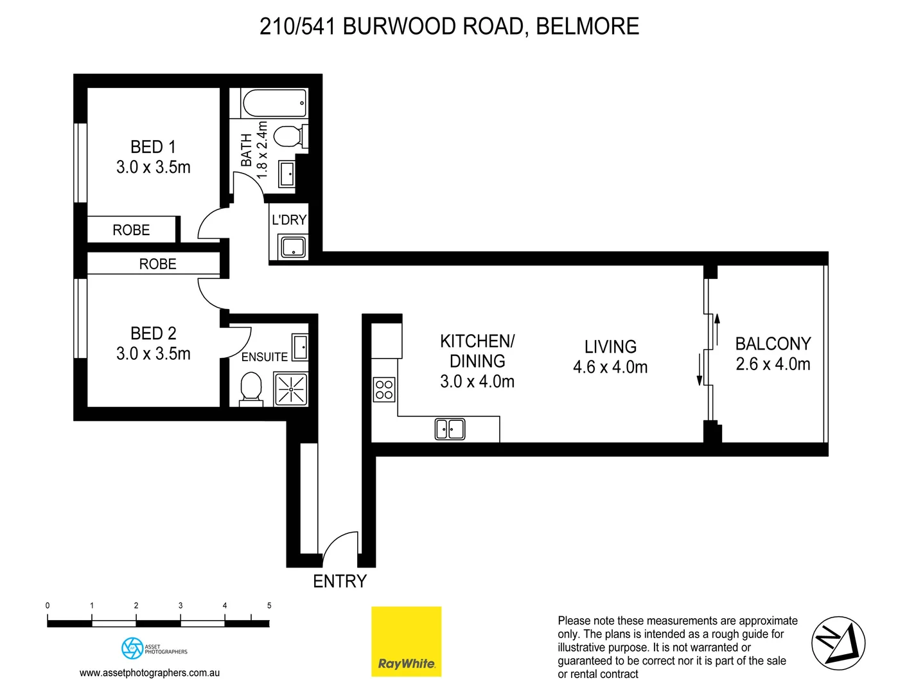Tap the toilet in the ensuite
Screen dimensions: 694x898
point(251,389)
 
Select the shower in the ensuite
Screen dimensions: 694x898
point(291,389)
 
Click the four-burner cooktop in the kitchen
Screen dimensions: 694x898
point(384,389)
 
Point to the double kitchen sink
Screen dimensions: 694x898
point(450,429)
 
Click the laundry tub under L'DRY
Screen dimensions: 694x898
point(293,247)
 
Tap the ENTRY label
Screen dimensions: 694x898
point(339,581)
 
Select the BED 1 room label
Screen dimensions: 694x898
point(153,147)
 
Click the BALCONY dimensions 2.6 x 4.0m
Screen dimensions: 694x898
point(773,364)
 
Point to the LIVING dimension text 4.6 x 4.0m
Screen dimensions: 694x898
point(610,367)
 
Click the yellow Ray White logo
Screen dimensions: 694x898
point(406,641)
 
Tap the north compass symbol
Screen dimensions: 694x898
point(838,643)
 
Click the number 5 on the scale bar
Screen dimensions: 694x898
point(269,605)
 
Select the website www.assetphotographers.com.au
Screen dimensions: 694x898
point(150,673)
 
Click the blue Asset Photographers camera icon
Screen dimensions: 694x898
point(132,648)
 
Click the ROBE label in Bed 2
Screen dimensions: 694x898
point(157,264)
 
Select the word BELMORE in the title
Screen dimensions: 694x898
point(587,26)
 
